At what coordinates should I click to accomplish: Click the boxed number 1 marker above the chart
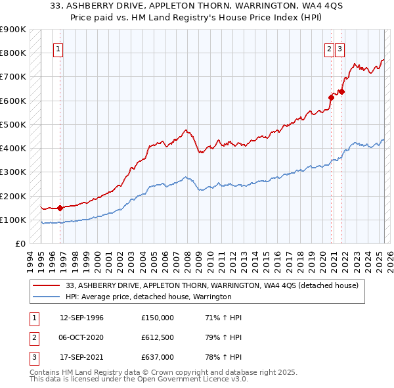tap(58, 48)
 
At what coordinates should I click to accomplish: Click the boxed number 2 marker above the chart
tap(328, 48)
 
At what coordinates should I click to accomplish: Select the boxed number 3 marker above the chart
tap(339, 48)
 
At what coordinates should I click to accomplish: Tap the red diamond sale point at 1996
tap(60, 208)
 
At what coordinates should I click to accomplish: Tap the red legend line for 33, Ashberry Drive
tap(46, 285)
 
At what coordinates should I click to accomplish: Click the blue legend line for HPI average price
tap(46, 297)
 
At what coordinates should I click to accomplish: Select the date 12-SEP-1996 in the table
tap(81, 318)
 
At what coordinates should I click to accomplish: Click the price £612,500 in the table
tap(158, 337)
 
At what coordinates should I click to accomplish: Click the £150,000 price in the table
tap(158, 318)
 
